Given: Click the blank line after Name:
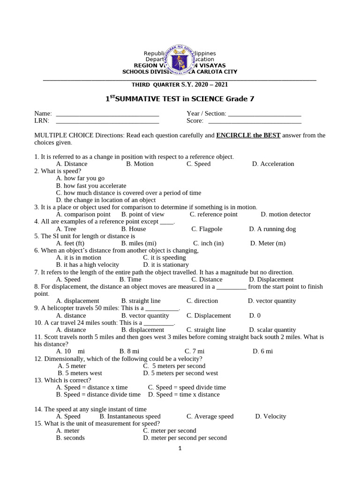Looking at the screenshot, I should [x=107, y=114].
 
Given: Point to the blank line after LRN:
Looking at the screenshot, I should [x=107, y=121].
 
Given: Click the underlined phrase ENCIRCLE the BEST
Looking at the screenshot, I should [x=248, y=135].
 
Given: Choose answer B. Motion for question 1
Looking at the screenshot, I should [x=140, y=164].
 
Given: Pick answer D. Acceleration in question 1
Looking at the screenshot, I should [x=273, y=164].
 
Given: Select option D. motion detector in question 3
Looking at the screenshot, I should [x=285, y=215].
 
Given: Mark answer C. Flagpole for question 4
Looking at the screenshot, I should [x=207, y=229].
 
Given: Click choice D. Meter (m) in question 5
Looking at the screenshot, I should [x=268, y=243].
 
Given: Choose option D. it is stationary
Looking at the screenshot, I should [x=165, y=265].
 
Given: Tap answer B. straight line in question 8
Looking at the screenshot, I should [x=141, y=301].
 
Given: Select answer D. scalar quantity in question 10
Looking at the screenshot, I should [x=272, y=330].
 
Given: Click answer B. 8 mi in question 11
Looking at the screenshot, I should [x=129, y=352].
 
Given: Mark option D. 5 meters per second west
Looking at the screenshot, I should [x=180, y=374].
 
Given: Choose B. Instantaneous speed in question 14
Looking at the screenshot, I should [x=130, y=416].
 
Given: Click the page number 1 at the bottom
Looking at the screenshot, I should [x=180, y=448].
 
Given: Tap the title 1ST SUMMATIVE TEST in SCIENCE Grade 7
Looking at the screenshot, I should [x=180, y=99].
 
